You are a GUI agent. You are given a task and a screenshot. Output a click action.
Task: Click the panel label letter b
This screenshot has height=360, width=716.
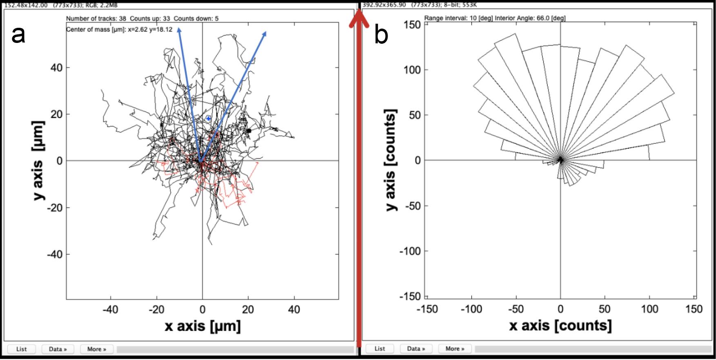(381, 36)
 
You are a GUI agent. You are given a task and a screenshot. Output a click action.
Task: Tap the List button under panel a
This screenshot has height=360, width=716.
(22, 349)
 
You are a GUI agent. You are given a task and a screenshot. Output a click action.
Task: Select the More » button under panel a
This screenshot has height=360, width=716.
(96, 349)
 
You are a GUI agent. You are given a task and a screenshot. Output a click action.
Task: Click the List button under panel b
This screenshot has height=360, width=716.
(380, 349)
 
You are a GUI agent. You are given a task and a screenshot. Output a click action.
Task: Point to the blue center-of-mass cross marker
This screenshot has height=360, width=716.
(208, 119)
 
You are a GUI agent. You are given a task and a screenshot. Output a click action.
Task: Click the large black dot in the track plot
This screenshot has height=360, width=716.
(249, 131)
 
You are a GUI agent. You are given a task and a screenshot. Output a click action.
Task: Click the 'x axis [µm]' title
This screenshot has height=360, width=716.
(203, 326)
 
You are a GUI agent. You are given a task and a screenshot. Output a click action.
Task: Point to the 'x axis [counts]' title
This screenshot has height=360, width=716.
(560, 325)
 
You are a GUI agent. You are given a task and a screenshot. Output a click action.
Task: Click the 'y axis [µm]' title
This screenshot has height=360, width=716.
(38, 161)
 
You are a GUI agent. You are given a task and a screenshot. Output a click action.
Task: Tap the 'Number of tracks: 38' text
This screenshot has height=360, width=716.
(96, 18)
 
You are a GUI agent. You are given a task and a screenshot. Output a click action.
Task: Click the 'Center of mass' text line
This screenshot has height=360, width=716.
(119, 29)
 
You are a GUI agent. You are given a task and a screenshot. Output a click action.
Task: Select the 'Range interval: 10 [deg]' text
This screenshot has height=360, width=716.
(459, 18)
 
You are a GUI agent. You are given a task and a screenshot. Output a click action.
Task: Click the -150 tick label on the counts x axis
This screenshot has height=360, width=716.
(427, 309)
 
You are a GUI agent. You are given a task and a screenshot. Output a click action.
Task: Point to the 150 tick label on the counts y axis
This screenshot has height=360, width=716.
(412, 25)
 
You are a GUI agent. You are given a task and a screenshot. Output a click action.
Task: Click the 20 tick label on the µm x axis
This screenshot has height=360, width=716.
(248, 310)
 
